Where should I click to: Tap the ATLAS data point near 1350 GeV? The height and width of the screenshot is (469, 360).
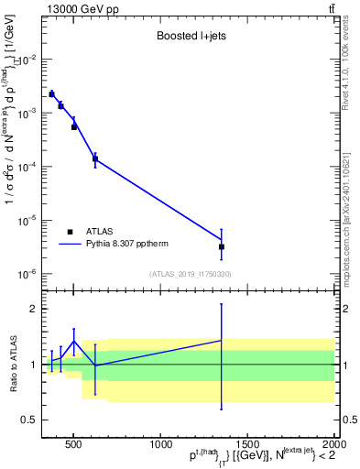click(222, 246)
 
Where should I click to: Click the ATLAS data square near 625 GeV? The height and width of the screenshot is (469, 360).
click(95, 159)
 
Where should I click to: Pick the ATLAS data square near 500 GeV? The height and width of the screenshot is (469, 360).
click(74, 127)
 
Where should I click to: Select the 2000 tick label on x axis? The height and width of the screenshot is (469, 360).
click(333, 445)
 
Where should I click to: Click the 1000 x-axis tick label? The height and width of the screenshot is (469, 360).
click(159, 445)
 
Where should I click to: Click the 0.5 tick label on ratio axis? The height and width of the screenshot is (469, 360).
click(28, 420)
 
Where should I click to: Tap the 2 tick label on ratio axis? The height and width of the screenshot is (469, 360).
click(33, 309)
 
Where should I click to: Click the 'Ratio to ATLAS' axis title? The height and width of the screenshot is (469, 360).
click(12, 364)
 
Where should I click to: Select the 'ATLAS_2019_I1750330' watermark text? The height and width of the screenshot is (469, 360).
click(190, 274)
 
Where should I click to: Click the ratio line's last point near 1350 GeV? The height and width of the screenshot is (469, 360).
click(222, 340)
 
